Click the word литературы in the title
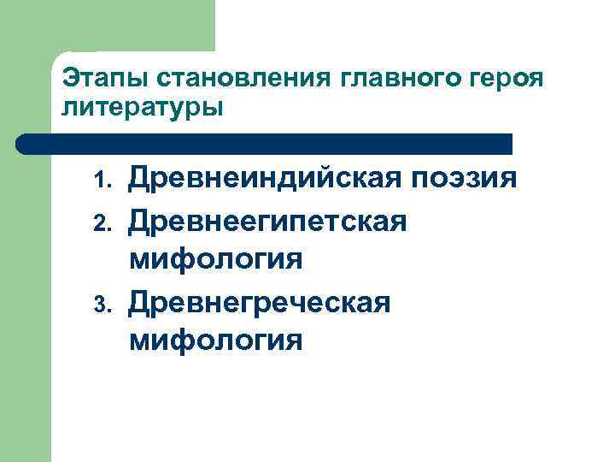point(142,108)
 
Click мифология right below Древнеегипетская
point(216,259)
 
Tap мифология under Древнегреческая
point(216,340)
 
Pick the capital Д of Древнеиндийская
point(140,181)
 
